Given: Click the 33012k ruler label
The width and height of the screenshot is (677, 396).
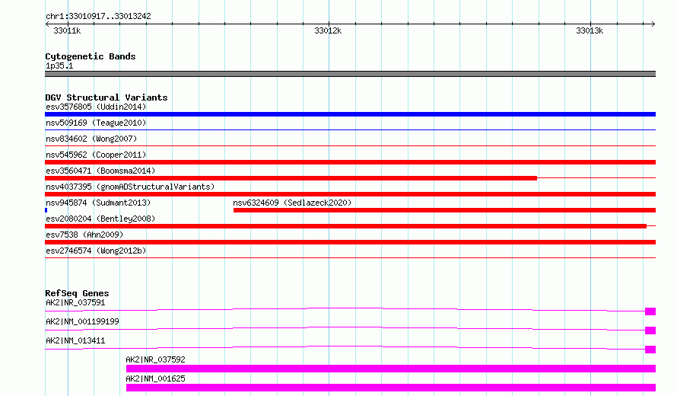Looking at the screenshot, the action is point(328,30).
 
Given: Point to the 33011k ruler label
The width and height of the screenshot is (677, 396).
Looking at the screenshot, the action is point(67,30).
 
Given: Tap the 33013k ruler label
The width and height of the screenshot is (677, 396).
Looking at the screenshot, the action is point(590,30).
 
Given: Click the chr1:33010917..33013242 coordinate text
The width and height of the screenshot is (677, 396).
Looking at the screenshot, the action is point(98,17).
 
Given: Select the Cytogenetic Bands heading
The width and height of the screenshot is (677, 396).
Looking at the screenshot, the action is point(91,56).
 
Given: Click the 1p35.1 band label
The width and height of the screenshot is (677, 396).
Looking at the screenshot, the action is point(59,65).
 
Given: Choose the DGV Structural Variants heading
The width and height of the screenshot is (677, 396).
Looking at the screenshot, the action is point(106,97).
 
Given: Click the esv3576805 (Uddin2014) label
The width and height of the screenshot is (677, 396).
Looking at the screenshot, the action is point(96,107).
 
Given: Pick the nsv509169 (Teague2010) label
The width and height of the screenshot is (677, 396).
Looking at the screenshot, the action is point(96,123).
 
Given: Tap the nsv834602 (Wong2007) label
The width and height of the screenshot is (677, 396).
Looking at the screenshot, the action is point(91,139).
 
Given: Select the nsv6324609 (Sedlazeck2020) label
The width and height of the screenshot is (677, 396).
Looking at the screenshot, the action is point(292,203).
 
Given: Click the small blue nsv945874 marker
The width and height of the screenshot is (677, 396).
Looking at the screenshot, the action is point(46,210).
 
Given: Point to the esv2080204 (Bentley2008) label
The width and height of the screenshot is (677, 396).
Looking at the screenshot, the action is point(100,219).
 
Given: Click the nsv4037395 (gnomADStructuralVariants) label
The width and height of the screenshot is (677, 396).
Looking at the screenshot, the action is point(130,187).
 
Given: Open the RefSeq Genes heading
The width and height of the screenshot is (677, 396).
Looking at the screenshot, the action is point(77,293).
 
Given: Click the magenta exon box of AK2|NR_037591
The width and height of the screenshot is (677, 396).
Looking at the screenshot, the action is point(650,311).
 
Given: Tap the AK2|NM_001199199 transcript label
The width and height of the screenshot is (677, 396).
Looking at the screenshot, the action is point(82,321).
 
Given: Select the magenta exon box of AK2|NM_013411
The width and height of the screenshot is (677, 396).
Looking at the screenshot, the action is point(650,350).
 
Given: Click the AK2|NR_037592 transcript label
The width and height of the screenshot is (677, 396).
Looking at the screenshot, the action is point(155,359).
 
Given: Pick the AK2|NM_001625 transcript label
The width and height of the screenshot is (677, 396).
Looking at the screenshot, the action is point(155,378).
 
